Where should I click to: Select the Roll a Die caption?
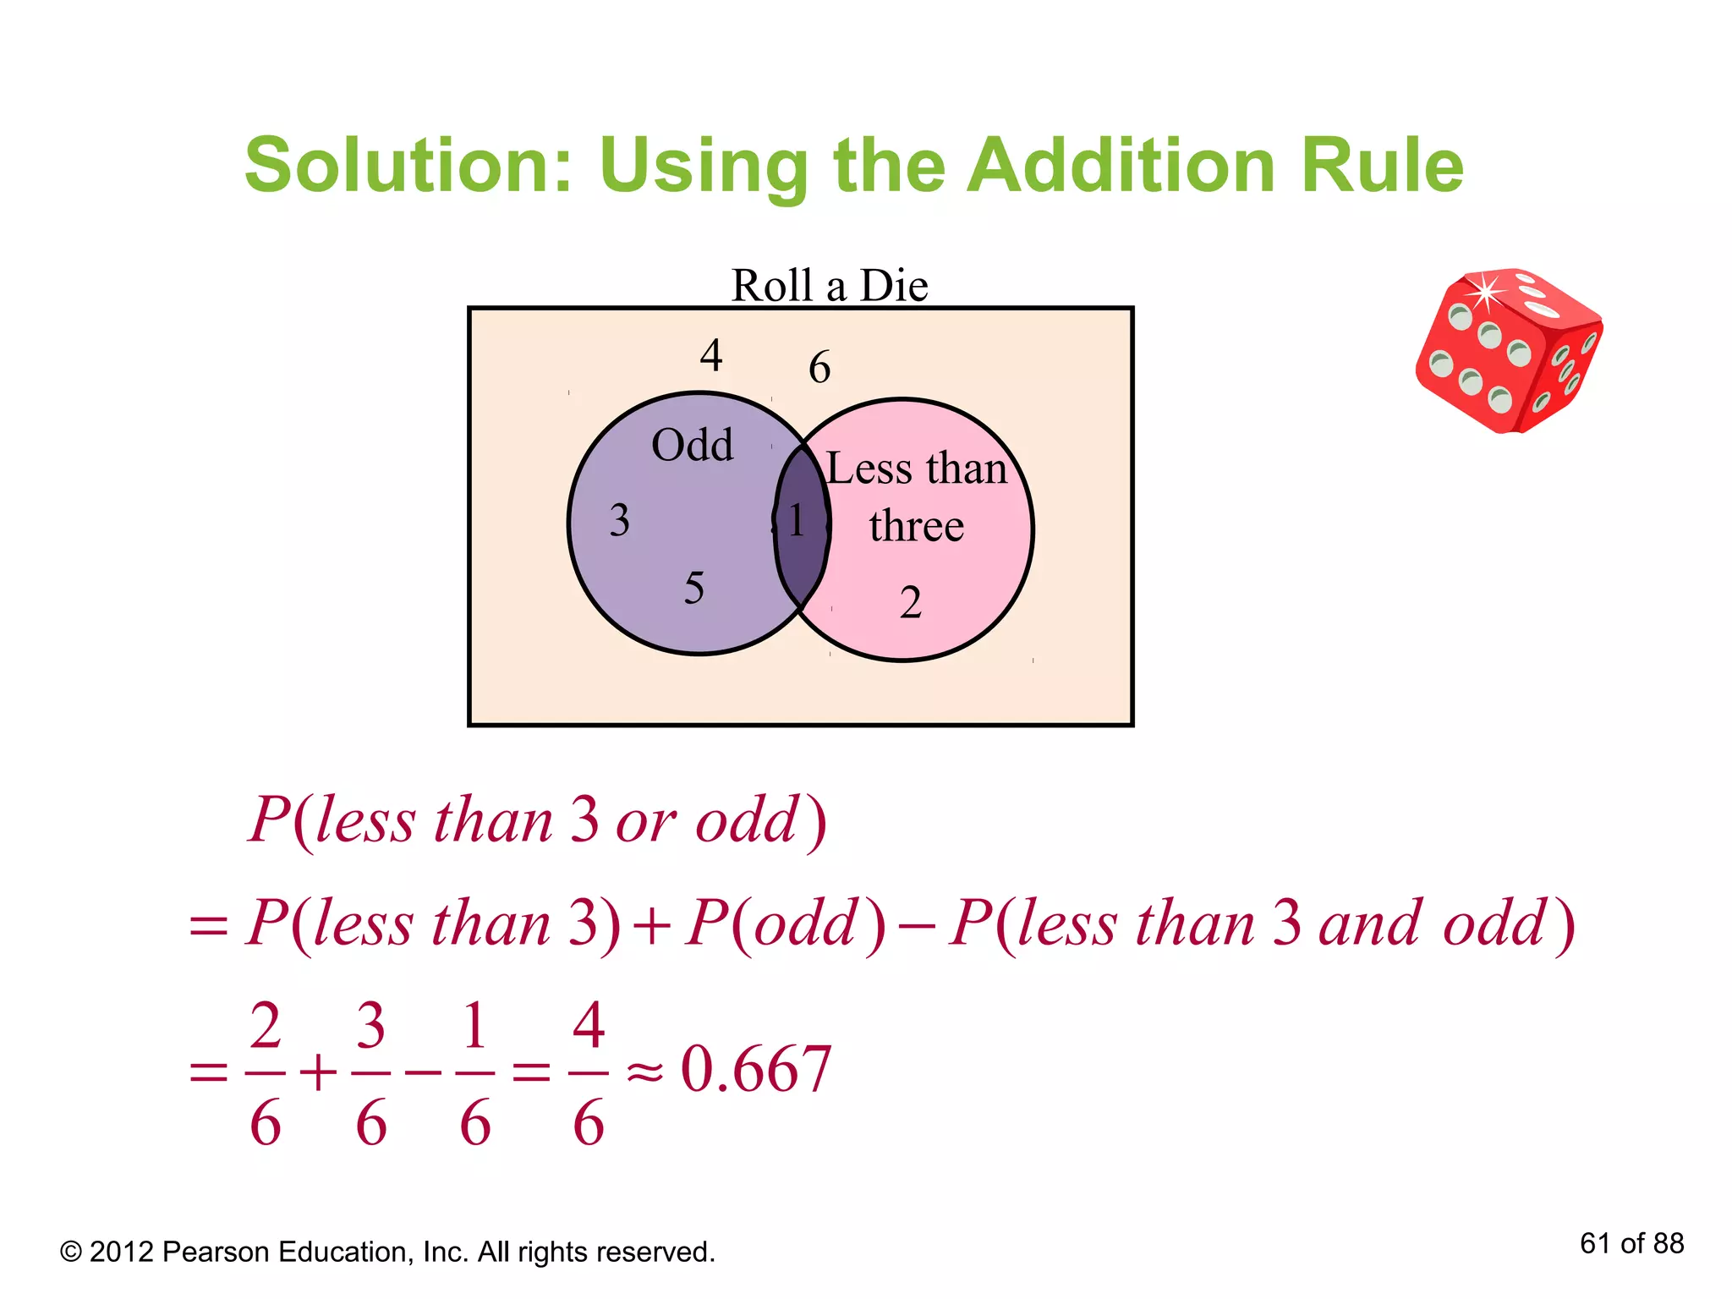pyautogui.click(x=829, y=286)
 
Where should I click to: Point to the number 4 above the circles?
pyautogui.click(x=710, y=355)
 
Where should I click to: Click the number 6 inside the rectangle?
pyautogui.click(x=819, y=368)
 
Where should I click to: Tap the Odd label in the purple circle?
pyautogui.click(x=692, y=445)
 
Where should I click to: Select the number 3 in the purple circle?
pyautogui.click(x=619, y=520)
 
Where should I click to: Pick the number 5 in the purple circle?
pyautogui.click(x=693, y=589)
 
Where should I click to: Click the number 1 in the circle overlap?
pyautogui.click(x=797, y=521)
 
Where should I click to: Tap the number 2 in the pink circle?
pyautogui.click(x=910, y=603)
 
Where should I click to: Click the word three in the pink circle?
pyautogui.click(x=916, y=526)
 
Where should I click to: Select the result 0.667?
pyautogui.click(x=756, y=1070)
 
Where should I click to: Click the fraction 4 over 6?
pyautogui.click(x=589, y=1072)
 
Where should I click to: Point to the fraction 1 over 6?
pyautogui.click(x=474, y=1072)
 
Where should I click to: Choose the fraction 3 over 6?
pyautogui.click(x=370, y=1072)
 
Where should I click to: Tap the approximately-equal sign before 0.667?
pyautogui.click(x=644, y=1072)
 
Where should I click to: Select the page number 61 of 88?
pyautogui.click(x=1631, y=1244)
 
